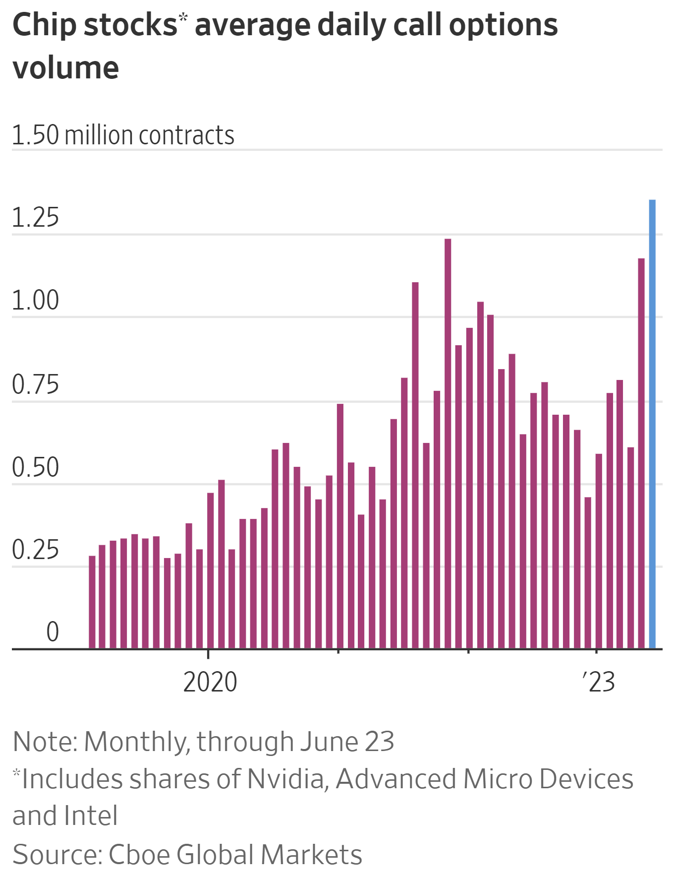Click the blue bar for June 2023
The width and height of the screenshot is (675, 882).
click(x=652, y=424)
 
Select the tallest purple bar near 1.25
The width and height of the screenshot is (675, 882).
click(x=448, y=443)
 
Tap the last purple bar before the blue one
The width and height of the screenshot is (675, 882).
click(x=641, y=453)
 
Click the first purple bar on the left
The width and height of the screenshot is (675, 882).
click(x=92, y=602)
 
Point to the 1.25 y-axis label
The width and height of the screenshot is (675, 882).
click(x=35, y=217)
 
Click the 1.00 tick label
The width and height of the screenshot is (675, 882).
click(x=35, y=300)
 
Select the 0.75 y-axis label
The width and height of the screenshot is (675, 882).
click(x=35, y=384)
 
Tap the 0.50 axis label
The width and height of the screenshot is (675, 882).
click(x=35, y=467)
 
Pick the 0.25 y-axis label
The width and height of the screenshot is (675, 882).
click(x=35, y=550)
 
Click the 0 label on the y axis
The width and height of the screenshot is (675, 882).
click(x=53, y=632)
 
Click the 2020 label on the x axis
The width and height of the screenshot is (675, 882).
click(x=210, y=682)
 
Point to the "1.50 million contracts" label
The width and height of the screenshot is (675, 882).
click(x=123, y=135)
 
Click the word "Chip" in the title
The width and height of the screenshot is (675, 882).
click(x=45, y=25)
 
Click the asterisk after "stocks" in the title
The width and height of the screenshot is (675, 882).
click(x=183, y=18)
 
